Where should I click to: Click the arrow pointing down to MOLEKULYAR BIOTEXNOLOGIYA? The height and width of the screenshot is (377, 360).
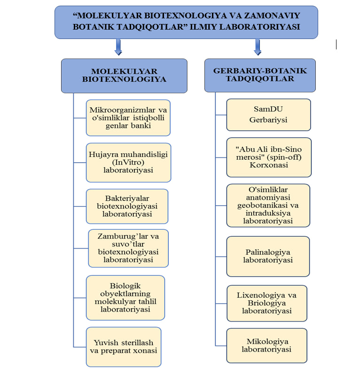point(118,47)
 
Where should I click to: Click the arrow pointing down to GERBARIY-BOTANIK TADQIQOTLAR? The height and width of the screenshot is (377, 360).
point(258,47)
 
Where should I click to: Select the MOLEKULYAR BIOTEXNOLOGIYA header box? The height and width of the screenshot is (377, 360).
point(124,76)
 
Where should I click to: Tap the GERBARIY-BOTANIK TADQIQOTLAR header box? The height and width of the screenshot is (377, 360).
point(260,75)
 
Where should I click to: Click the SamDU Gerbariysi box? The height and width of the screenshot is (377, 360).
point(268,115)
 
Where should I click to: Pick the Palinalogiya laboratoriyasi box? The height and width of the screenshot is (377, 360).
point(268,256)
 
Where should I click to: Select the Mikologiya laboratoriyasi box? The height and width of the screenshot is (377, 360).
point(267,346)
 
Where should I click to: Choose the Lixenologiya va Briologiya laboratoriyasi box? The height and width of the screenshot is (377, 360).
point(267,303)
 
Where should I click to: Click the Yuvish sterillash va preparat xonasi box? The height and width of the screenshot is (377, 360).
point(124,347)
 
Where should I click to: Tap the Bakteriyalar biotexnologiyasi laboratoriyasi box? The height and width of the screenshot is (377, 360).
point(127,206)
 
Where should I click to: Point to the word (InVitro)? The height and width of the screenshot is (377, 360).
point(128,162)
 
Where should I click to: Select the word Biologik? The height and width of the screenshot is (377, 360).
point(125,286)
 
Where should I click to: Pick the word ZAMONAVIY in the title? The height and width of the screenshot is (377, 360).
point(272,16)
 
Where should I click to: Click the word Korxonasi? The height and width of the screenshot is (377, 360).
point(269,165)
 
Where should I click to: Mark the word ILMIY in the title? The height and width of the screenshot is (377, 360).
point(203,27)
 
